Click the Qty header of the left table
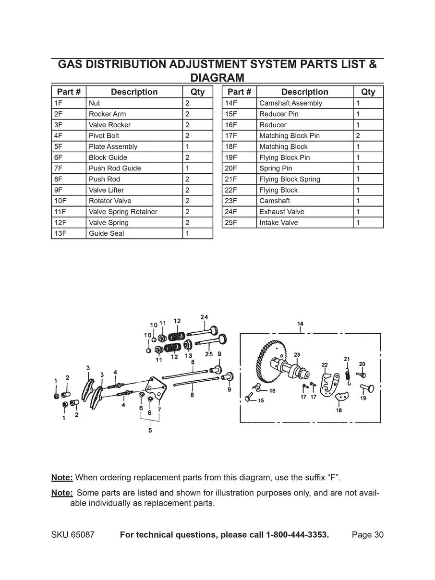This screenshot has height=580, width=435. (197, 92)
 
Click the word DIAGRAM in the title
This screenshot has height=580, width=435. (217, 77)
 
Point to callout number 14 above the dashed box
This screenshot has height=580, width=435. (300, 324)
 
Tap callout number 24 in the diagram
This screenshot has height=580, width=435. (204, 317)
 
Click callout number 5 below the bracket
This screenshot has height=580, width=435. (150, 431)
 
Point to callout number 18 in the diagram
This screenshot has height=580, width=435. (339, 411)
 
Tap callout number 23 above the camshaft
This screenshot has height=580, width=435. (297, 355)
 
